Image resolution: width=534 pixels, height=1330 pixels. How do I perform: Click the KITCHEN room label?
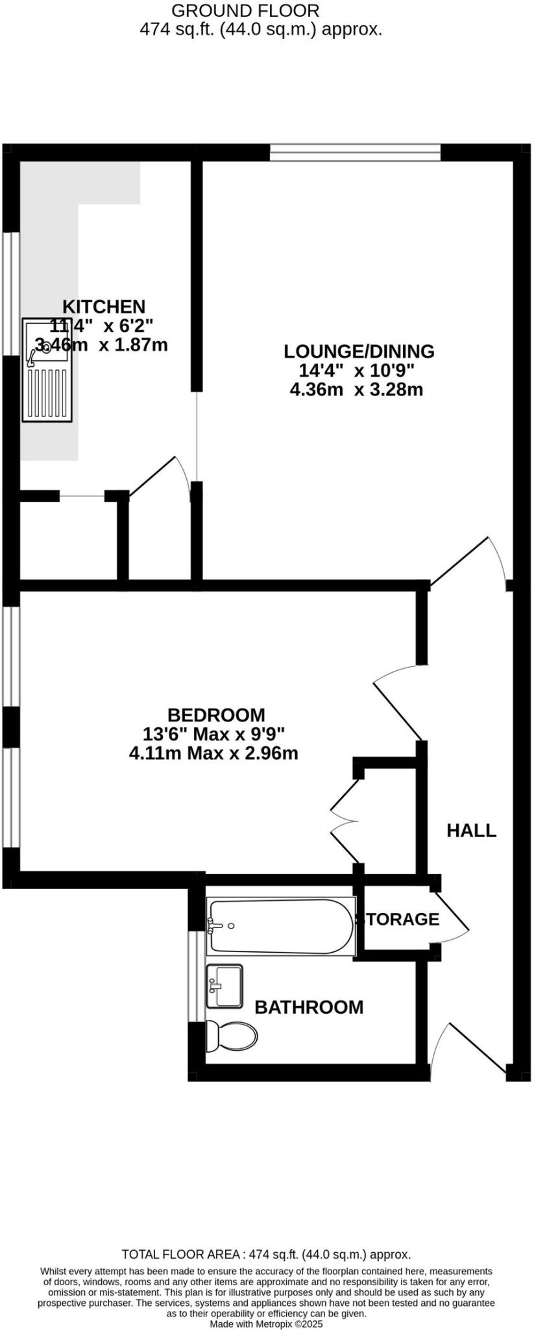pos(103,306)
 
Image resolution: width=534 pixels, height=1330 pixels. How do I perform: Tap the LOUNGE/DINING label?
pos(359,351)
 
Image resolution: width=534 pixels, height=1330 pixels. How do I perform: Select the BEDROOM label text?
pos(216,715)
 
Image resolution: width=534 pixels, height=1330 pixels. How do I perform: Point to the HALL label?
pos(471,830)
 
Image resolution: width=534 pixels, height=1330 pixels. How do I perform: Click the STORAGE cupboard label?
pos(400,919)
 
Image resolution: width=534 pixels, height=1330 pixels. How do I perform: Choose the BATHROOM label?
pos(308,1007)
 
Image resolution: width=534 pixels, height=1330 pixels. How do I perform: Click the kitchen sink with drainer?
pos(47,370)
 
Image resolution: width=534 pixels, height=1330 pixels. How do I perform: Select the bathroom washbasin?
pos(224,986)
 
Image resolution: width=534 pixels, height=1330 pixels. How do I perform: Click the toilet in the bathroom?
pos(231,1035)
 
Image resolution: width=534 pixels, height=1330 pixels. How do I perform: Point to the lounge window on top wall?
pos(355,153)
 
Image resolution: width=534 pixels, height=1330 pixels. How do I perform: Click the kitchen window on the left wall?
pos(10,293)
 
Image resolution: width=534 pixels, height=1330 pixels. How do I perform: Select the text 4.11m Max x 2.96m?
pos(213,753)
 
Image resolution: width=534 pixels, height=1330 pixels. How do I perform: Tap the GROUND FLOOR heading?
pos(245,10)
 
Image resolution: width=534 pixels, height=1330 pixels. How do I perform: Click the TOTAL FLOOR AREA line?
pos(266,1254)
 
